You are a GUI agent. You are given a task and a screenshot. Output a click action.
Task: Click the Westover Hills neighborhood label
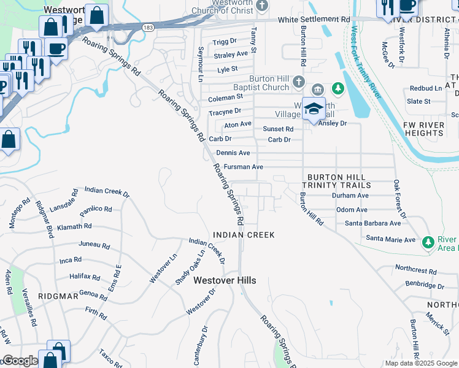tap(225, 280)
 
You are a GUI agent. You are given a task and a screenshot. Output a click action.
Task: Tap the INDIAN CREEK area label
tap(244, 235)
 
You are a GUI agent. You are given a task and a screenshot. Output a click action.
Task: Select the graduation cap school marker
tap(314, 109)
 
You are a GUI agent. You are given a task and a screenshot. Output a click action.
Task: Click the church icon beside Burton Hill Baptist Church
tap(299, 82)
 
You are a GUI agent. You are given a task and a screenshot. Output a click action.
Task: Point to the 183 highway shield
tap(147, 28)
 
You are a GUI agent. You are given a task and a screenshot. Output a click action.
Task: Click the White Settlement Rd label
tap(313, 20)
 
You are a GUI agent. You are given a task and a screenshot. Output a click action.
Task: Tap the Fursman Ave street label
tap(244, 167)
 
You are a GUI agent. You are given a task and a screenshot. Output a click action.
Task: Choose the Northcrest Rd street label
tap(415, 270)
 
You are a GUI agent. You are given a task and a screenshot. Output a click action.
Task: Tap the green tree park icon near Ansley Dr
tap(336, 90)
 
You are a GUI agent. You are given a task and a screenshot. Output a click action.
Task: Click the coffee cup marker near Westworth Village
tap(56, 48)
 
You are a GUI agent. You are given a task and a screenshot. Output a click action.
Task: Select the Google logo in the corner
tap(20, 361)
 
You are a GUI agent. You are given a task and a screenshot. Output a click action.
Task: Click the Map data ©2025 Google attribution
tap(421, 363)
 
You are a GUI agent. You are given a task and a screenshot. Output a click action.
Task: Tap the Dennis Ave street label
tap(233, 153)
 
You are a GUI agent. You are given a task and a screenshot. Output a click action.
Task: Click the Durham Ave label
tap(350, 195)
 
